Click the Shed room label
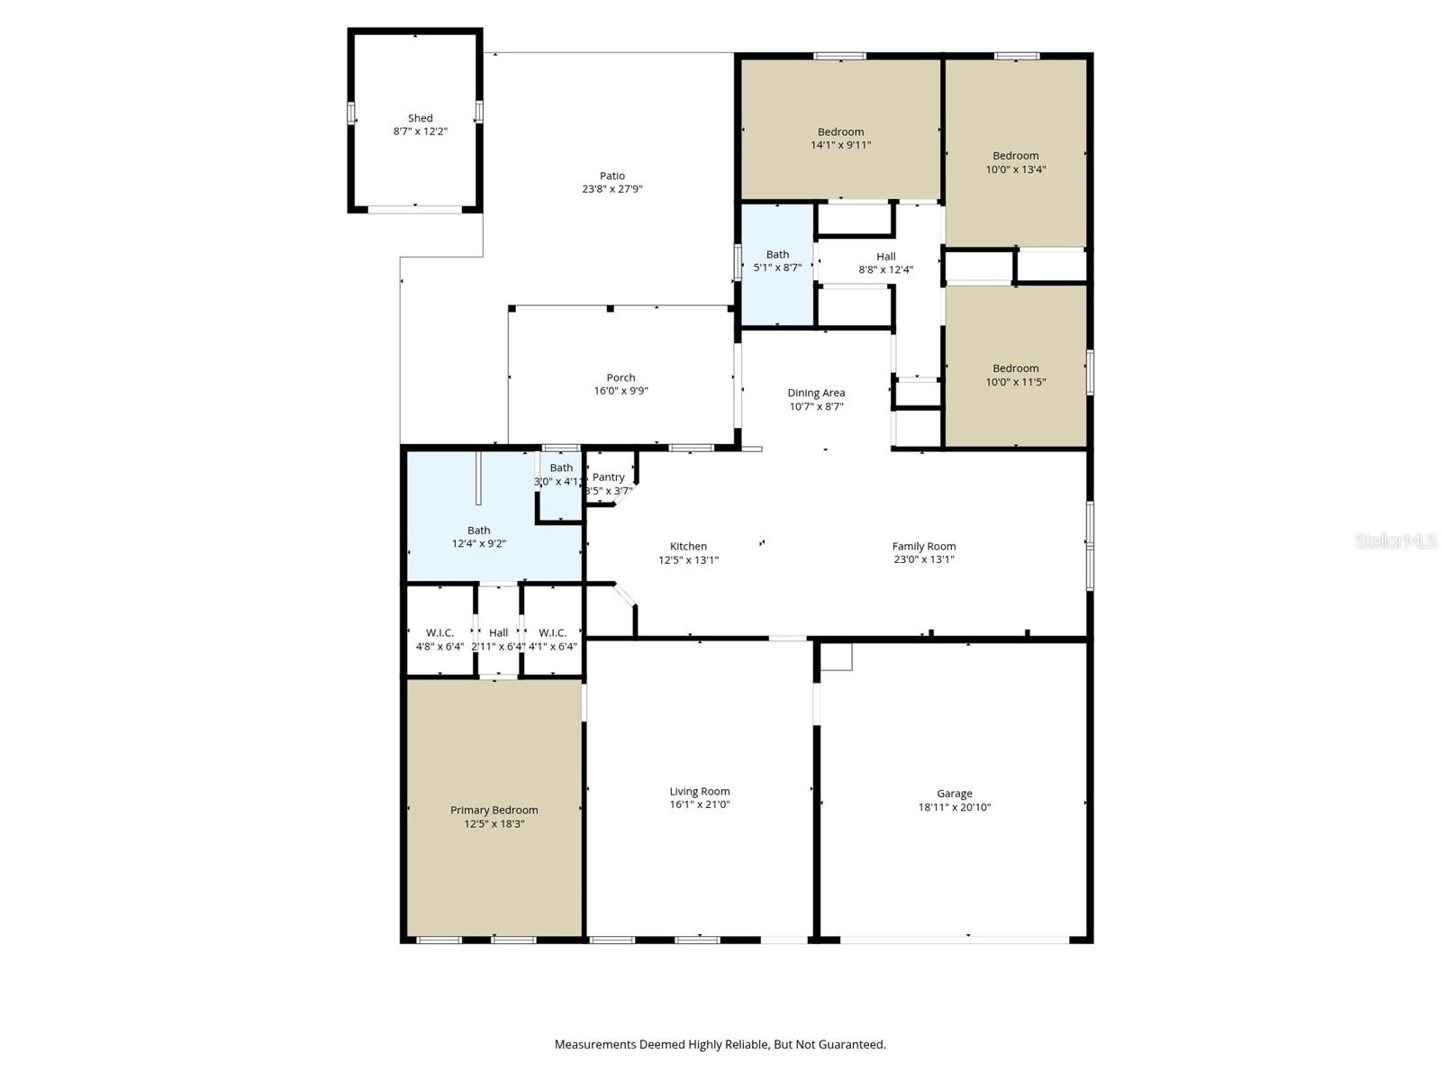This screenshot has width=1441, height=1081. pyautogui.click(x=420, y=118)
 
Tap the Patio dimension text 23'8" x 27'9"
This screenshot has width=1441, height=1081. pyautogui.click(x=612, y=189)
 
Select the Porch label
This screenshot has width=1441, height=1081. pyautogui.click(x=621, y=377)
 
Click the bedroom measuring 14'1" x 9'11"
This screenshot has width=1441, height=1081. pyautogui.click(x=840, y=138)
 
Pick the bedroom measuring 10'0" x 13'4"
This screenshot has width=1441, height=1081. pyautogui.click(x=1015, y=162)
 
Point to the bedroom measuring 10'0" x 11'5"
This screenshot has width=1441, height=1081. pyautogui.click(x=1015, y=375)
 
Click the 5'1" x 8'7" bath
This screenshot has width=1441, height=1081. pyautogui.click(x=777, y=260)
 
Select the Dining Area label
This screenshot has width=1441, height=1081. pyautogui.click(x=816, y=393)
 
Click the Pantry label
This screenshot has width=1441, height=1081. pyautogui.click(x=609, y=477)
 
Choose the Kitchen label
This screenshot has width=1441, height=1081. pyautogui.click(x=688, y=546)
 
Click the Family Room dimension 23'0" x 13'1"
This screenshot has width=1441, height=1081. pyautogui.click(x=923, y=559)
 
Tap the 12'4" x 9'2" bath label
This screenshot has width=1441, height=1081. pyautogui.click(x=478, y=537)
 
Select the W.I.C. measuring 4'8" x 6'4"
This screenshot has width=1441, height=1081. pyautogui.click(x=440, y=639)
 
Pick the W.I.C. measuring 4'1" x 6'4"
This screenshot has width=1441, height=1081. pyautogui.click(x=552, y=639)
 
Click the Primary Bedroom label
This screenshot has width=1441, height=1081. pyautogui.click(x=494, y=810)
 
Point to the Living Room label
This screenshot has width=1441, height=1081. pyautogui.click(x=699, y=791)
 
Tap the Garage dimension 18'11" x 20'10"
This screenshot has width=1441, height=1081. pyautogui.click(x=954, y=807)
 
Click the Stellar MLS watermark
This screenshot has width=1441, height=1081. pyautogui.click(x=1396, y=540)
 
